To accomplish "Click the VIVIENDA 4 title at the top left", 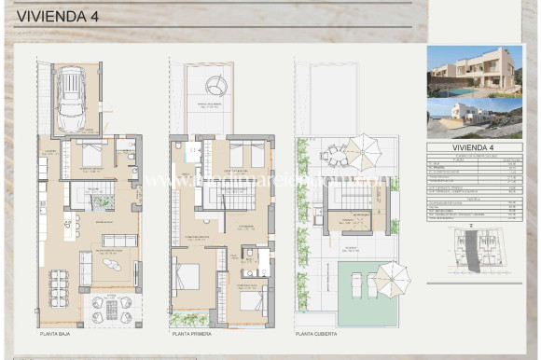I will tap(50, 17).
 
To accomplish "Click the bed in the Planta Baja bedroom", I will tap(90, 154).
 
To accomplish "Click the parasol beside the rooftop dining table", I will tap(357, 150).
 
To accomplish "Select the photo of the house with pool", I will tap(474, 72).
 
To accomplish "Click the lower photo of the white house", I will tap(474, 118).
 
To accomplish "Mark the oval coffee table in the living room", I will tap(111, 263).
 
